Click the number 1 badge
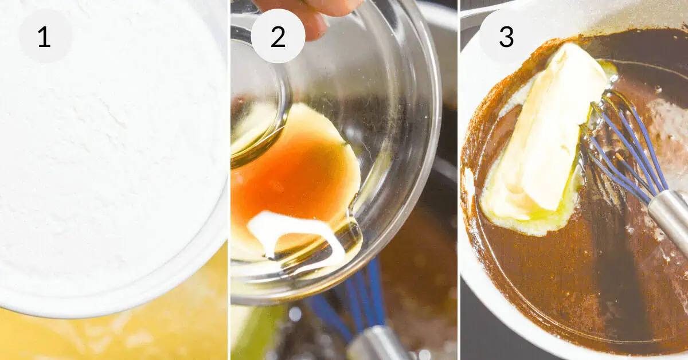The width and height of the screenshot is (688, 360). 45,36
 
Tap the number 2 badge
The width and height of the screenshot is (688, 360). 278,36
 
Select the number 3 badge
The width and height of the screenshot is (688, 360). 506,36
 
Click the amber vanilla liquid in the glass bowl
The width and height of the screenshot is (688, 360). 292,175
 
